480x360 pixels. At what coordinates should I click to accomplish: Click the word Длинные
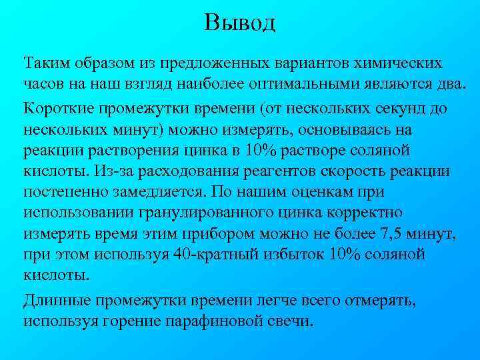(55, 300)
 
